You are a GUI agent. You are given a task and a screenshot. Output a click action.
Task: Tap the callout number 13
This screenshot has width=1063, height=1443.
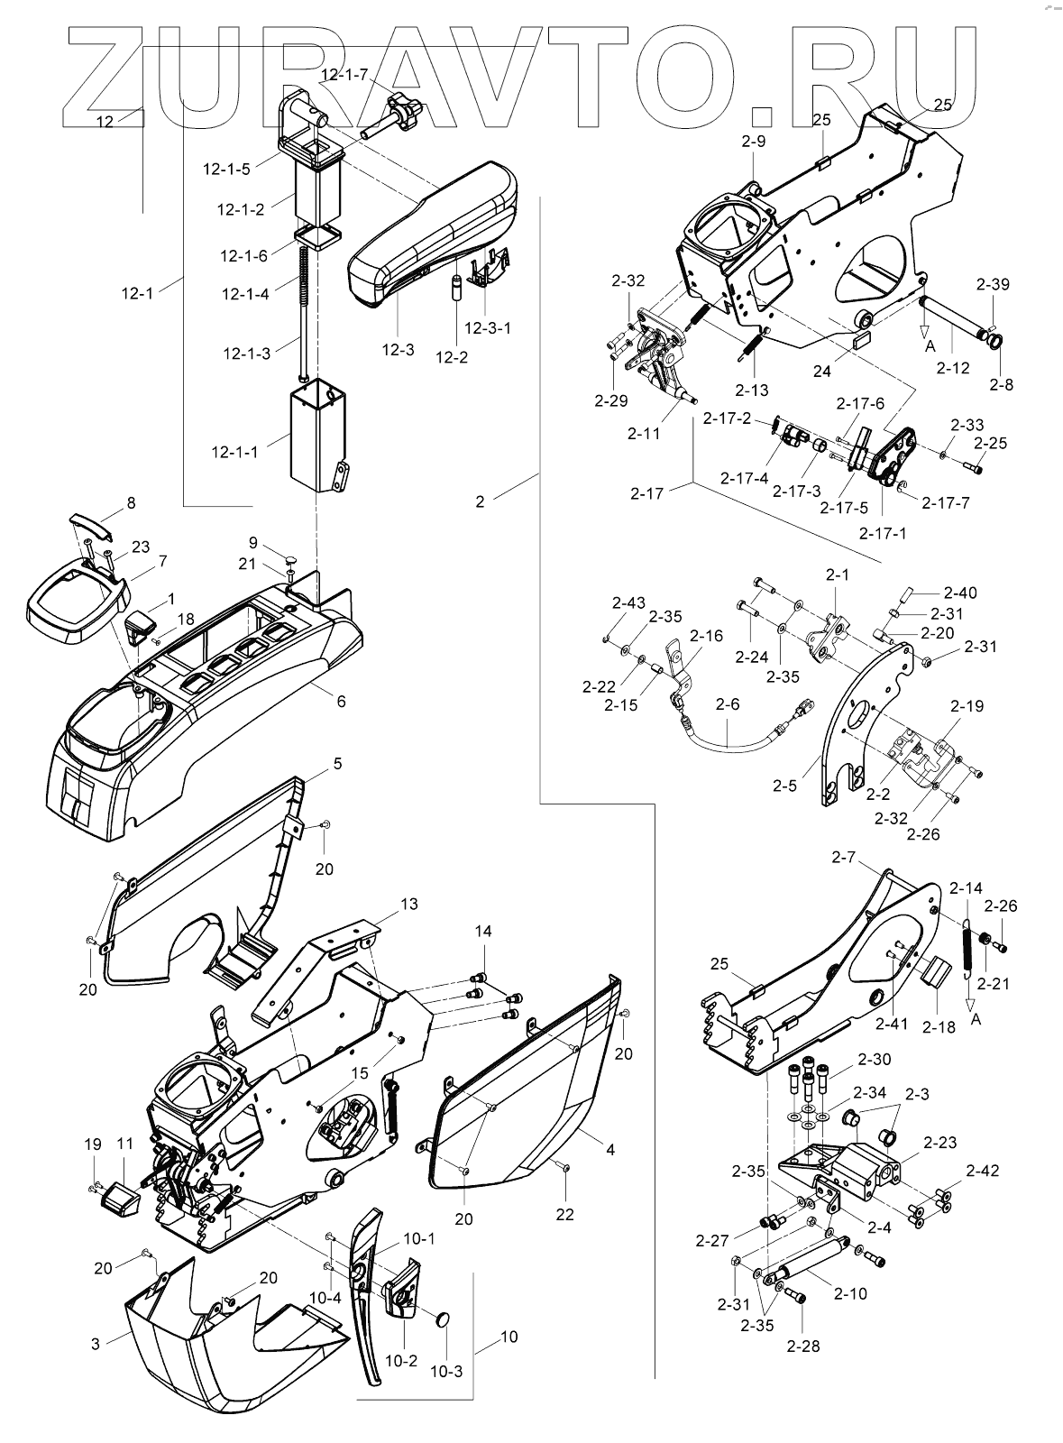pyautogui.click(x=409, y=905)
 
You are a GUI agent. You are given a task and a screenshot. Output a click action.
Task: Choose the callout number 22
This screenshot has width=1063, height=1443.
pyautogui.click(x=564, y=1215)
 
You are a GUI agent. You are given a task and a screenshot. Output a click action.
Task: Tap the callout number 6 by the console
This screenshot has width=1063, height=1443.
pyautogui.click(x=341, y=701)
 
